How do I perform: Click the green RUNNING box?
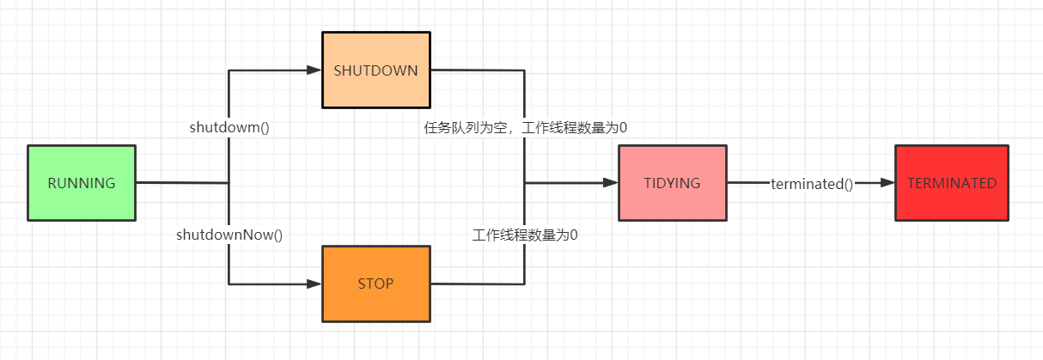point(82,206)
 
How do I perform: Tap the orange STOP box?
point(375,305)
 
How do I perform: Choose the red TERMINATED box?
point(951,206)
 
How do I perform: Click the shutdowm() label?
point(229,127)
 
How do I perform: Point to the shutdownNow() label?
point(229,234)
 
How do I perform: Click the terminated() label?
point(812,183)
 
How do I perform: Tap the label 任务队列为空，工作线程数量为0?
point(526,127)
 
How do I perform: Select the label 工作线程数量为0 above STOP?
point(526,234)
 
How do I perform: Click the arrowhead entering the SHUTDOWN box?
point(314,70)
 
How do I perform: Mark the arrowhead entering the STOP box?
point(314,284)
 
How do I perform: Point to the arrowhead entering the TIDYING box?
point(611,183)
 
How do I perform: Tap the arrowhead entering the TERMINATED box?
point(887,183)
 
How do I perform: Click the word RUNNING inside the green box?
point(82,183)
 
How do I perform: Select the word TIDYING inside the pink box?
point(672,183)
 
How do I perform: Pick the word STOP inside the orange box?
point(375,284)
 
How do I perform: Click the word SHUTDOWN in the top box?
point(375,70)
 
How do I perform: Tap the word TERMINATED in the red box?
point(951,183)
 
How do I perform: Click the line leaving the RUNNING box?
point(180,183)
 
